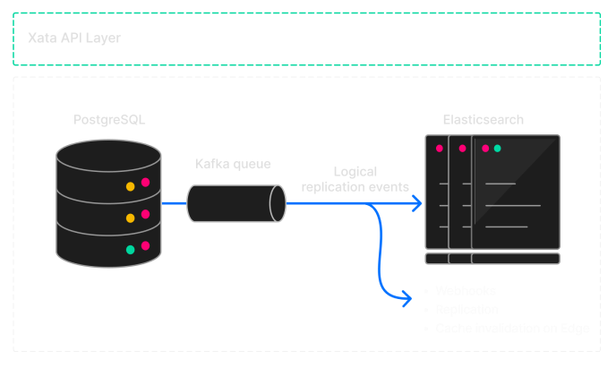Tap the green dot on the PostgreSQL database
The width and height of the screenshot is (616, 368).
(x=130, y=250)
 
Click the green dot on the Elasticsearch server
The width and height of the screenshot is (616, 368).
(x=497, y=148)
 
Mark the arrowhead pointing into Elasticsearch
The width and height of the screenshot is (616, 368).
(x=416, y=203)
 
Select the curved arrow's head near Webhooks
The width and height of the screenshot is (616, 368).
(x=405, y=293)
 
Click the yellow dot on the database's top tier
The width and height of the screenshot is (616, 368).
(x=130, y=186)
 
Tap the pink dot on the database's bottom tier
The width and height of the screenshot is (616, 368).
(x=145, y=245)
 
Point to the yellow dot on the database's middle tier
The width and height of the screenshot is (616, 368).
(x=130, y=218)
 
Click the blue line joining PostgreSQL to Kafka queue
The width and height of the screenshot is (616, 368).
(x=175, y=203)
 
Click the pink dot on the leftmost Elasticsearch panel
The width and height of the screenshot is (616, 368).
(x=439, y=148)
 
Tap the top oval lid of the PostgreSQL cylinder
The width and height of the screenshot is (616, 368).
(x=108, y=153)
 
